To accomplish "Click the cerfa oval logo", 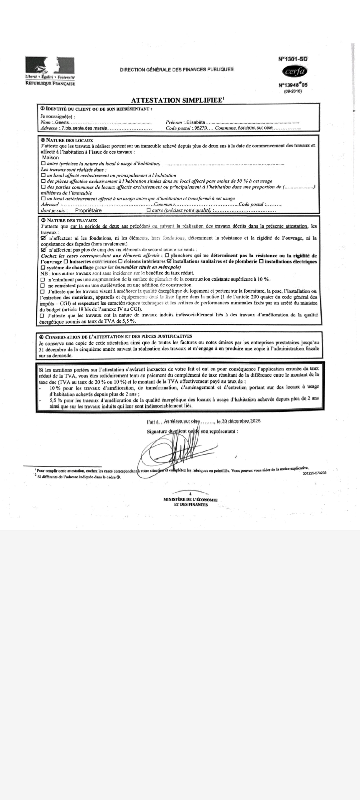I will (x=294, y=72).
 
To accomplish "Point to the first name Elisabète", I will (x=196, y=122).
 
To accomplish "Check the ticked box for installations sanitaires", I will (x=169, y=261).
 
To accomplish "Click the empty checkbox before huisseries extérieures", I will (x=66, y=261).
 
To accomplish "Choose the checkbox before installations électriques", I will (x=261, y=261).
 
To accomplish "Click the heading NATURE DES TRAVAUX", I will (x=72, y=220).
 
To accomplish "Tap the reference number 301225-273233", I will (x=314, y=473).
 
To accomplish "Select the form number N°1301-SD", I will (x=293, y=59).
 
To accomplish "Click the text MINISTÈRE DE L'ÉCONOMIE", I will (x=190, y=500).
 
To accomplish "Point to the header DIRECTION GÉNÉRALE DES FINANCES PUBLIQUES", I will (x=177, y=70).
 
